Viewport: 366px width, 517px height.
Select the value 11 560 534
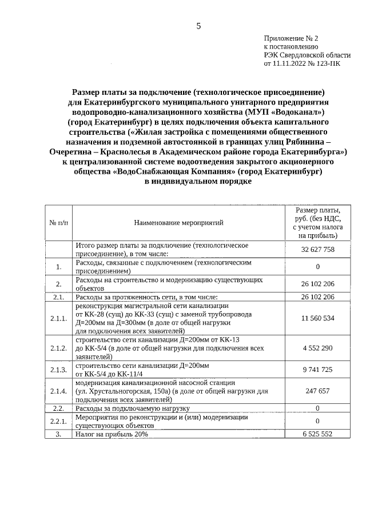317,318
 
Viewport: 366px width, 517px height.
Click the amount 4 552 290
317,348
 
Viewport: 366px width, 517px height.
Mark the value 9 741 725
317,370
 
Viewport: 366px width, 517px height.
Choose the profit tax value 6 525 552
317,434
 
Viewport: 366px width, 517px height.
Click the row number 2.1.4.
58,392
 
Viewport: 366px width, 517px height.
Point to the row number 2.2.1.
58,422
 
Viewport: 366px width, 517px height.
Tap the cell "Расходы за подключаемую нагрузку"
133,408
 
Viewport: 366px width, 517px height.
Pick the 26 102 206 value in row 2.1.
317,297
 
